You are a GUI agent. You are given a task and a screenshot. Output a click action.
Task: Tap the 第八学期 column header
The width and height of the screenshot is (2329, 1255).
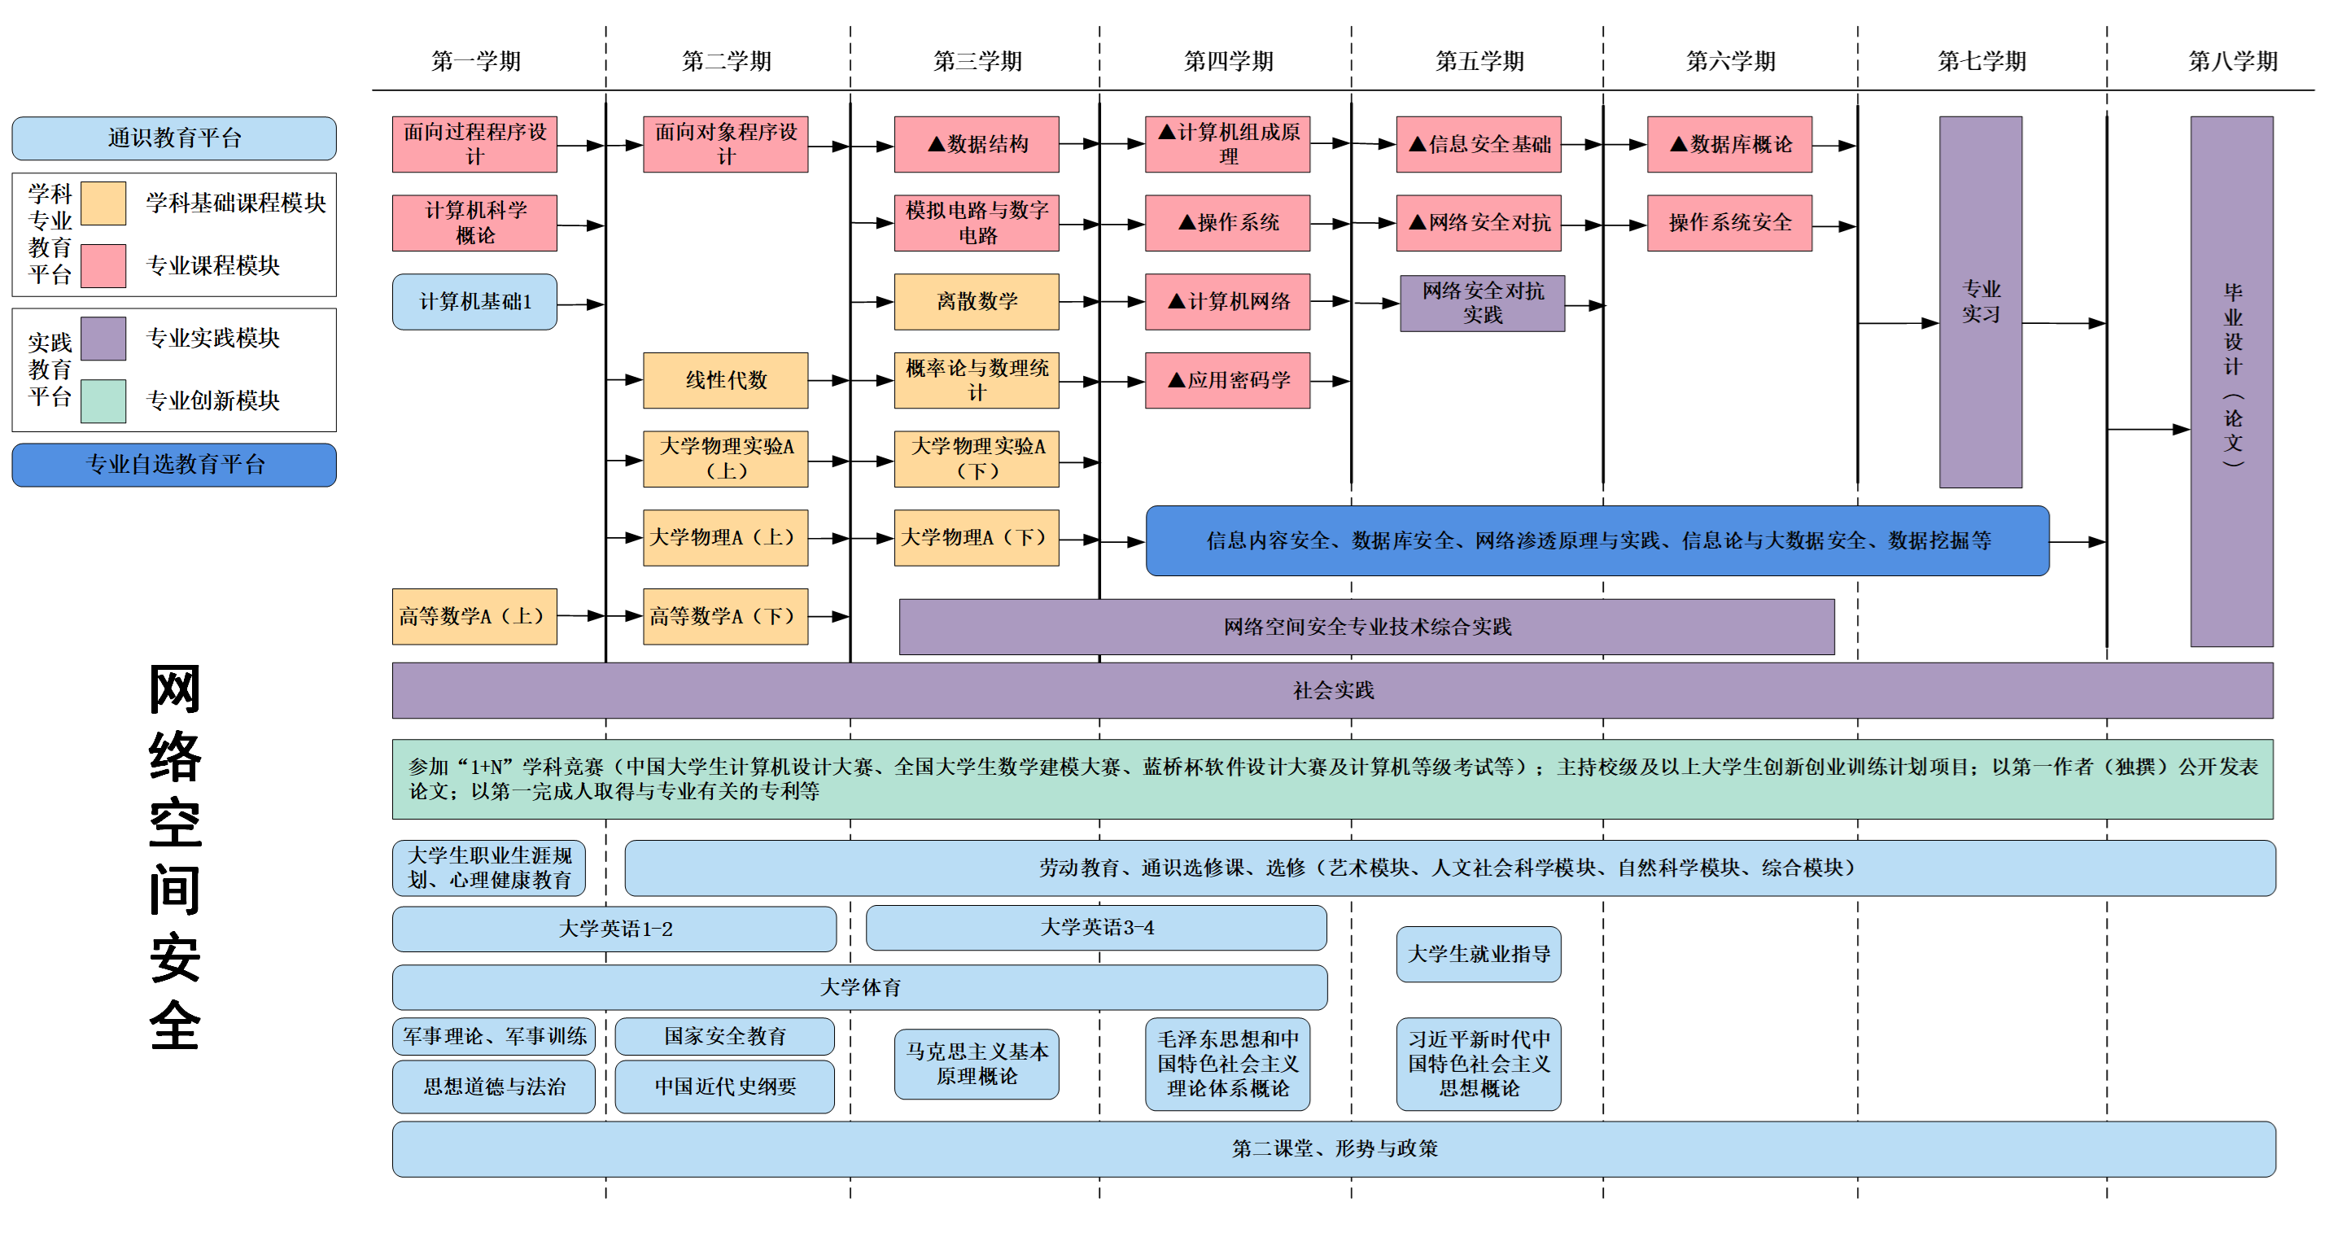coord(2232,62)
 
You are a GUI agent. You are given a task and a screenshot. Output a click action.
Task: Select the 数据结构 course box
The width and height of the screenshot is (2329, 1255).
coord(977,144)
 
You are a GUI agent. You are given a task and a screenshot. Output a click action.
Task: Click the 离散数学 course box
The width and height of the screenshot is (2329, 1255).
coord(977,301)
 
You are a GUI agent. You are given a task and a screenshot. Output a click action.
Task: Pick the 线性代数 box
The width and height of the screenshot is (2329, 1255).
coord(725,380)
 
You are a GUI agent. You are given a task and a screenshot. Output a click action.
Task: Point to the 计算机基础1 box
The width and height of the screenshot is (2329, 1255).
coord(474,301)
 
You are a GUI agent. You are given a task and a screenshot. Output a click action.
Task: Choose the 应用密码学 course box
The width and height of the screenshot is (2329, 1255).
coord(1227,380)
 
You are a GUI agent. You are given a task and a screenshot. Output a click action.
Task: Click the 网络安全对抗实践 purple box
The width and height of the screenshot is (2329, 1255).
coord(1482,303)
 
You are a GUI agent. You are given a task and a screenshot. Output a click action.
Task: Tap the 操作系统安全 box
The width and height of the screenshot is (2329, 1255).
coord(1728,222)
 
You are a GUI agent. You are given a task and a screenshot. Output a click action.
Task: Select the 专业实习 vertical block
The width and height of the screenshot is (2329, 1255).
coord(1980,302)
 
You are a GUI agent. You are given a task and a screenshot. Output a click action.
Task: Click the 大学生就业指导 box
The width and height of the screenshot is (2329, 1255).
coord(1479,954)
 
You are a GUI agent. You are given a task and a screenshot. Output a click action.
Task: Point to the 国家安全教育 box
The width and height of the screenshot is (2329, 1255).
coord(724,1036)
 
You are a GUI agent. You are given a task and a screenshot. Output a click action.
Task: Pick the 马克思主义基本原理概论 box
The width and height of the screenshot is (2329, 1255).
coord(977,1063)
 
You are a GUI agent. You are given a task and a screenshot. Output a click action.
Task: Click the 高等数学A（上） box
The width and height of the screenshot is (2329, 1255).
coord(474,616)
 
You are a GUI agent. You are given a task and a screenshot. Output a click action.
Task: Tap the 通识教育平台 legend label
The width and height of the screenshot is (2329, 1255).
coord(173,138)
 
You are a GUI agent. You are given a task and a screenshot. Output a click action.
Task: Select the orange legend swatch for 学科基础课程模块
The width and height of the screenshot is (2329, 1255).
coord(103,203)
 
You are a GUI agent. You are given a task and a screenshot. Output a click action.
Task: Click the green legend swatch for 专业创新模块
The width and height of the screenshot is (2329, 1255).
coord(103,400)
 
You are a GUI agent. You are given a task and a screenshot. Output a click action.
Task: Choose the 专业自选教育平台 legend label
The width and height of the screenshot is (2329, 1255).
coord(173,465)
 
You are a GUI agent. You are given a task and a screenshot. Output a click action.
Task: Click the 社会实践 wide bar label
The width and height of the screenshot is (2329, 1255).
coord(1333,691)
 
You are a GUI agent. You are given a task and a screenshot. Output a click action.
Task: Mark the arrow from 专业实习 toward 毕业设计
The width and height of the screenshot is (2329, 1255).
coord(2065,323)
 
